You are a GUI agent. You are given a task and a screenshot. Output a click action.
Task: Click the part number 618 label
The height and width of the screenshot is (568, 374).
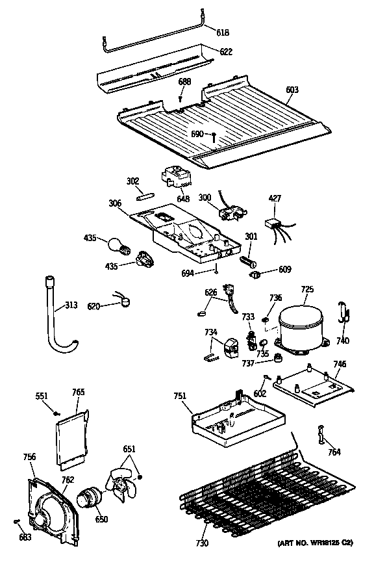coord(223,32)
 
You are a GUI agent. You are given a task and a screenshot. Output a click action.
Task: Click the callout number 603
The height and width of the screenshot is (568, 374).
coord(292,89)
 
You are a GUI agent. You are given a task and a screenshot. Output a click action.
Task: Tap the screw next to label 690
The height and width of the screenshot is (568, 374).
coord(214,136)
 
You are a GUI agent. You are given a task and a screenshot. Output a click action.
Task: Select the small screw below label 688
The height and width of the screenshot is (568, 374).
coord(181,97)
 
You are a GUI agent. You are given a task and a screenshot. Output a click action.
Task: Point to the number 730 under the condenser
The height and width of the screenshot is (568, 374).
coord(202,543)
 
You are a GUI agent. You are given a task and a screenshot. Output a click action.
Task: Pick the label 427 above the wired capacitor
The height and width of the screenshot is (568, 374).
coord(275,198)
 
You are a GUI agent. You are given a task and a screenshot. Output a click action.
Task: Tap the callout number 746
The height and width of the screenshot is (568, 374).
coord(340,364)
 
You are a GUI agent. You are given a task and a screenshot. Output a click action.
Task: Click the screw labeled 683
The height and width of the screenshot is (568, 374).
coord(16,521)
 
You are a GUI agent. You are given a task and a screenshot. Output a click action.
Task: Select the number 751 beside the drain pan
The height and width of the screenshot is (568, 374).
coord(180,396)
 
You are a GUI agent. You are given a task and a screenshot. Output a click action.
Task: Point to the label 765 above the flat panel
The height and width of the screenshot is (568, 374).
coord(79,392)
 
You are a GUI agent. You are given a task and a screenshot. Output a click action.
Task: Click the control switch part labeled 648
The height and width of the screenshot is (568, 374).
coord(173,177)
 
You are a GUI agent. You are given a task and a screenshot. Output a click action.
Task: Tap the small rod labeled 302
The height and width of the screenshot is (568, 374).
coord(145,197)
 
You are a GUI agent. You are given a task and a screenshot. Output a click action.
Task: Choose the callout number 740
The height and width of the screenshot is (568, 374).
coord(343,341)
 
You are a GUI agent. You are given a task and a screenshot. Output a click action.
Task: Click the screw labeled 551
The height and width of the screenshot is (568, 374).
coord(56,413)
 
